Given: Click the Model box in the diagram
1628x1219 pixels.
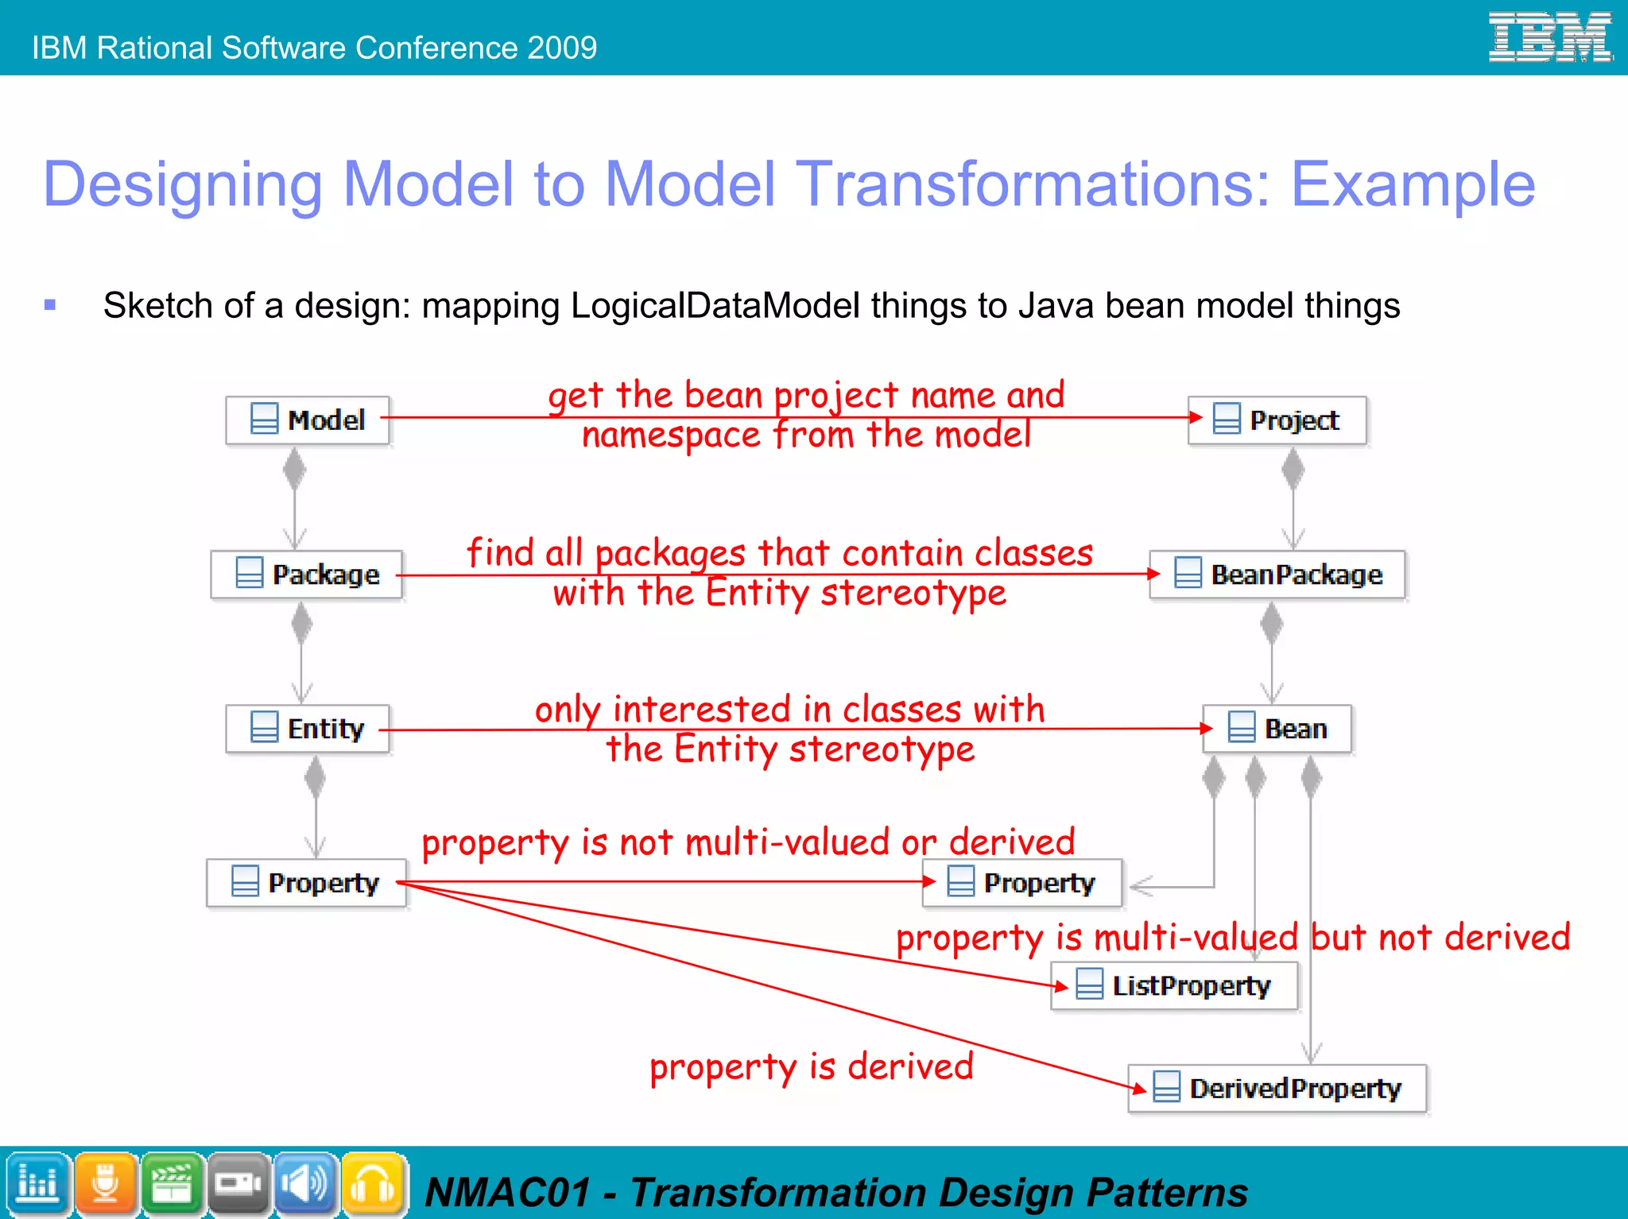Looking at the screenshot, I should pos(308,420).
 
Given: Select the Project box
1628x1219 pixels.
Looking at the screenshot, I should pos(1277,420).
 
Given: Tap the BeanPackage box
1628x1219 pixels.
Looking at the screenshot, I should pos(1277,574).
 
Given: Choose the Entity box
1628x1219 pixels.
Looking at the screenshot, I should pos(308,728).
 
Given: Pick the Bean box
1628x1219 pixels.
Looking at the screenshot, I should pos(1277,728).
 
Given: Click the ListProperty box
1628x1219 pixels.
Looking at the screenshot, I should pos(1174,985).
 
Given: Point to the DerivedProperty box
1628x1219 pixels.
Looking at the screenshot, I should pos(1277,1088).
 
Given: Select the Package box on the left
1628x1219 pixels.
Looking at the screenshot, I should pos(307,574).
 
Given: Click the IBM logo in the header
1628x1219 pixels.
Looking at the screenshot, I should pos(1549,37).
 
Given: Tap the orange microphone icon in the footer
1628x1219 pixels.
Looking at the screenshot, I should pos(105,1183).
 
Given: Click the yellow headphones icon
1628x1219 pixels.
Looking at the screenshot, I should pos(373,1183).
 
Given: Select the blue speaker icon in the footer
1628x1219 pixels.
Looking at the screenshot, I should pos(306,1183).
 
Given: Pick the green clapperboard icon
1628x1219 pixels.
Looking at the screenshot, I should pos(172,1183).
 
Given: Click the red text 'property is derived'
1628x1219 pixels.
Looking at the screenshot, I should pos(811,1067).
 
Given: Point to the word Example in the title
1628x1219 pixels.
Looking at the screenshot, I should pos(1412,184).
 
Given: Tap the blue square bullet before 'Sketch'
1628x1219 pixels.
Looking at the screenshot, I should pos(50,304).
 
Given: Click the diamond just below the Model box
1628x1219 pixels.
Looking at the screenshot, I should pos(294,469).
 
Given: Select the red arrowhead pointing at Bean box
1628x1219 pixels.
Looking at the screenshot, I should pos(1206,728).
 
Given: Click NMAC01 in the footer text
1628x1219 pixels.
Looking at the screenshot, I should pos(509,1192).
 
